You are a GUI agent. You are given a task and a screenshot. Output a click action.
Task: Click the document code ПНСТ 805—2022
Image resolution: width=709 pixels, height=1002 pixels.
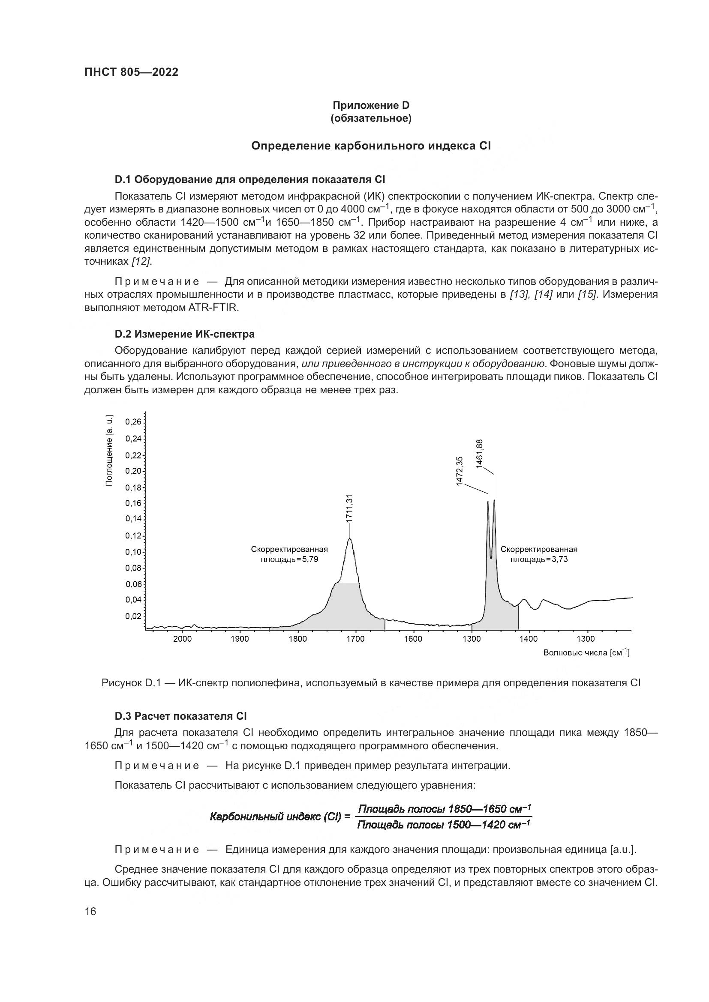click(131, 72)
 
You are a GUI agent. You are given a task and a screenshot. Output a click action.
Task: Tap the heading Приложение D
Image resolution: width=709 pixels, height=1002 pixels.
click(371, 105)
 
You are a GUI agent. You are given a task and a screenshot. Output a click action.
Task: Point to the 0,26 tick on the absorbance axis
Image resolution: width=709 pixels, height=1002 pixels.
click(134, 422)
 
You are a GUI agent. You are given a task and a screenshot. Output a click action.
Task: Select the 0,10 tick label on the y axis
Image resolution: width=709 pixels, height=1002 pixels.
click(134, 552)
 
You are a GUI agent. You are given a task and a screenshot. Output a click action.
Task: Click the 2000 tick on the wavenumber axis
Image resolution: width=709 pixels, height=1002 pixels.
click(182, 639)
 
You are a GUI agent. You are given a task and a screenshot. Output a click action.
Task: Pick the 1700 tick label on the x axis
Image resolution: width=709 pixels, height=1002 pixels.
click(355, 639)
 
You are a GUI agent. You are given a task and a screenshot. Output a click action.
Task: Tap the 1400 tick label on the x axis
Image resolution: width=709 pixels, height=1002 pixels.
click(529, 639)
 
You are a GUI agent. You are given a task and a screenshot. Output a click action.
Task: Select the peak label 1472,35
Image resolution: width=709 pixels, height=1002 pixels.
click(459, 471)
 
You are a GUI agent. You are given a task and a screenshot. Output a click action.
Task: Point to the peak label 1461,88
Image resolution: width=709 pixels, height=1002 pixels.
click(480, 454)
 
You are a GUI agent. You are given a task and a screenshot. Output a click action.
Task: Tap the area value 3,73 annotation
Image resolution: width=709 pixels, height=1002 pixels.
click(560, 559)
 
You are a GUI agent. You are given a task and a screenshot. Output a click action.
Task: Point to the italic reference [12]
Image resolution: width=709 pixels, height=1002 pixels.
click(141, 261)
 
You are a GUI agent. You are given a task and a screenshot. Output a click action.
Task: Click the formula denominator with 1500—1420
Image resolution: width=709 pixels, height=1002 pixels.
click(443, 825)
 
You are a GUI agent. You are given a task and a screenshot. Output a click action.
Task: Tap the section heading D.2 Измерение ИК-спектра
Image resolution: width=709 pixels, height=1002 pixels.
click(185, 334)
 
